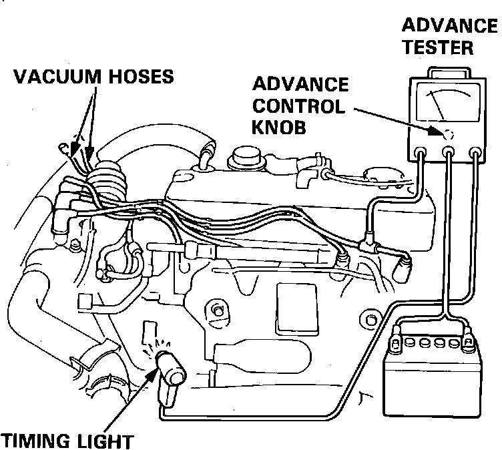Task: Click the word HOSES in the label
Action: (x=140, y=77)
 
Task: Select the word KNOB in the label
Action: (x=278, y=127)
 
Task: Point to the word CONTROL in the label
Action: (x=299, y=106)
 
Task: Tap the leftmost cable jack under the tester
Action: (x=421, y=153)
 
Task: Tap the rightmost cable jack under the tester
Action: (x=475, y=153)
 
